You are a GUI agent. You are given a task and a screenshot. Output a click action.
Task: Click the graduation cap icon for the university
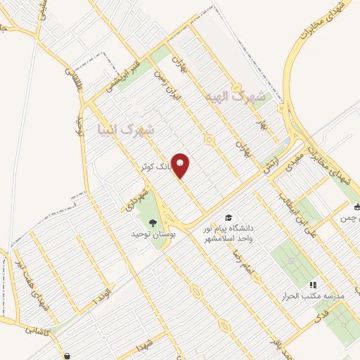tap(228, 218)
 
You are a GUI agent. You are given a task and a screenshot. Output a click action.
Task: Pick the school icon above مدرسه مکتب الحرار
tap(314, 285)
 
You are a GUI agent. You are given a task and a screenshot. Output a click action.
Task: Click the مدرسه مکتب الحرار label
tap(320, 297)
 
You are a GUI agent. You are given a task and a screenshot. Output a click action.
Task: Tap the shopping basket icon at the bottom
tap(67, 356)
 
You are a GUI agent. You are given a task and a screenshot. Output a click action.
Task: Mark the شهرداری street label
tap(139, 195)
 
